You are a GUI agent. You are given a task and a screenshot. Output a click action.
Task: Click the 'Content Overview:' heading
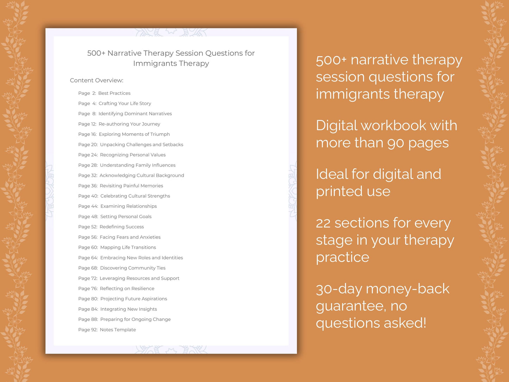[97, 80]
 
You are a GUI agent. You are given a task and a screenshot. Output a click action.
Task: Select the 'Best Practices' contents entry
[114, 93]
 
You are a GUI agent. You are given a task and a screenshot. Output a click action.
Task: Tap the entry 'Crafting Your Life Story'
[125, 104]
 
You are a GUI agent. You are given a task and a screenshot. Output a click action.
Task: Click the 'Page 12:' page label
[87, 124]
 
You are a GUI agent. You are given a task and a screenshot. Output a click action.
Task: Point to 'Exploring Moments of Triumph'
[134, 134]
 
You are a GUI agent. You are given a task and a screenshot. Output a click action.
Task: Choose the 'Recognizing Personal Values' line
[132, 155]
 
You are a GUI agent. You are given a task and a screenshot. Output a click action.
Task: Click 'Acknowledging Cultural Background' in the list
[142, 175]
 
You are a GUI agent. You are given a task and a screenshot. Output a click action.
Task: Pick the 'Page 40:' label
[88, 196]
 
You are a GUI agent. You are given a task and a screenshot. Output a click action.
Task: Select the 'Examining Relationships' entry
[129, 206]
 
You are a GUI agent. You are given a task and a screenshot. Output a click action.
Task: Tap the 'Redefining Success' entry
[122, 227]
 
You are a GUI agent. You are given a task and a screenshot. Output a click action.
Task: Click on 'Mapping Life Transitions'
[128, 247]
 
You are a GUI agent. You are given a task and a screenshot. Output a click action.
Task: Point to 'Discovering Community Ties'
[132, 268]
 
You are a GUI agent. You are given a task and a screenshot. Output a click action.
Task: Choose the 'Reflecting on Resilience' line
[127, 289]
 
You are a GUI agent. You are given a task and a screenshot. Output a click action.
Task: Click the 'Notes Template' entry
[118, 330]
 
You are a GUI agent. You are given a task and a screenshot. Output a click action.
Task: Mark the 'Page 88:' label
[88, 320]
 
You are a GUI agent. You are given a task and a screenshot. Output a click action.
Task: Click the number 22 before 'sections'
[323, 223]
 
